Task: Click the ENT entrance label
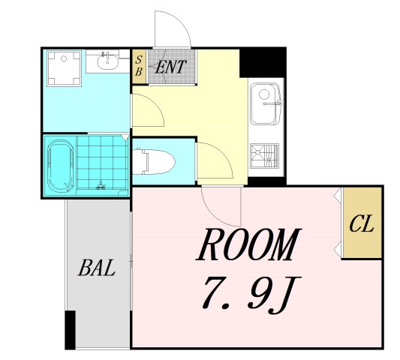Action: click(x=170, y=67)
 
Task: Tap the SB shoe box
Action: click(x=139, y=66)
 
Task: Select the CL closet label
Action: click(x=362, y=223)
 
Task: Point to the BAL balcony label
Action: click(x=96, y=268)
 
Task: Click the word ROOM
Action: click(x=248, y=244)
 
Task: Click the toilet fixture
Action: click(x=154, y=162)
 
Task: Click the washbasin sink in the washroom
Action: click(x=107, y=62)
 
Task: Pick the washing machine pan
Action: click(x=64, y=68)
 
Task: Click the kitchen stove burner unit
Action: click(x=264, y=156)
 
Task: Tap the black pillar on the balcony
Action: click(x=70, y=330)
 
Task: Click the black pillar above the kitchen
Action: click(x=263, y=63)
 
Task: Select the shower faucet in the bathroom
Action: click(x=101, y=185)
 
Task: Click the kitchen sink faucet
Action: click(x=272, y=103)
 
